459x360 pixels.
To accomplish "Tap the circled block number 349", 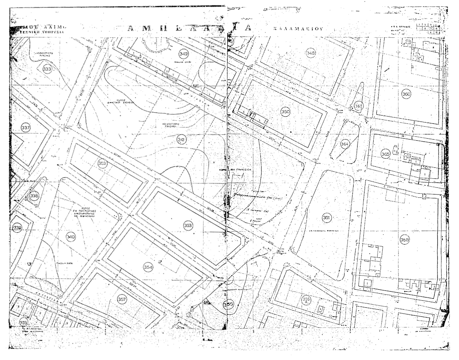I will tap(183, 54).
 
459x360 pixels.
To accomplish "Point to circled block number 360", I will tap(406, 94).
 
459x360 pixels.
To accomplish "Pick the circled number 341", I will tap(181, 140).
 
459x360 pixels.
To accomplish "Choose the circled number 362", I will tap(358, 106).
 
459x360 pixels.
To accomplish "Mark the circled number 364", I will tap(345, 143).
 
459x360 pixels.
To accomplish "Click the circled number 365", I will tap(385, 154).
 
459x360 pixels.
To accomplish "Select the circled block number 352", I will tap(103, 164).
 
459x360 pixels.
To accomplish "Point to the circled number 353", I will tap(188, 225).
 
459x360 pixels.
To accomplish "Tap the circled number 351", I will tap(326, 217).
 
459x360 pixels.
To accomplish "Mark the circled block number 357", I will tap(122, 299).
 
